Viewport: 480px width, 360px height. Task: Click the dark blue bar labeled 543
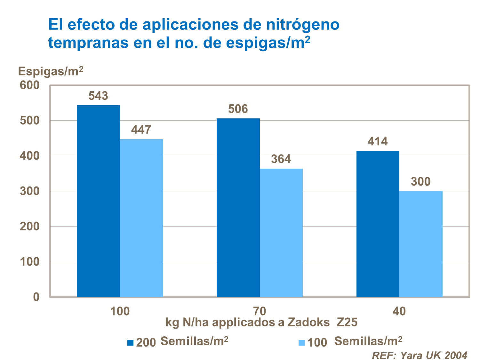pos(98,201)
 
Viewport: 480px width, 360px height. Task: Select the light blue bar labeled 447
pos(141,218)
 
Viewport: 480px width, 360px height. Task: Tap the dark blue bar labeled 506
pos(238,208)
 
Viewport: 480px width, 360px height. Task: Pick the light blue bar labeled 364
pos(281,233)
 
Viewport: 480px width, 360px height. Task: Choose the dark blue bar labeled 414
pos(378,224)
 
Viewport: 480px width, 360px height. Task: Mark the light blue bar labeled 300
pos(421,244)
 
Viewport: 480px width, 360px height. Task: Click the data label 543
pos(98,96)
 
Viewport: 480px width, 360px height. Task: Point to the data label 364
pos(281,159)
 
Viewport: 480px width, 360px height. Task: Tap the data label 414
pos(378,141)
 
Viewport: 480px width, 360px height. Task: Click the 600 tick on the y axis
pos(30,85)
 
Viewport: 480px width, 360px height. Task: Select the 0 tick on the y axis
pos(36,297)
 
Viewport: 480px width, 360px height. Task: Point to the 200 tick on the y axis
pos(30,227)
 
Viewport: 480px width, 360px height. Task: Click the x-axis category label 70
pos(260,311)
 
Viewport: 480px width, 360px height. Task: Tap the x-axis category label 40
pos(399,311)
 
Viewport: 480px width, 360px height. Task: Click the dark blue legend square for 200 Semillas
pos(130,343)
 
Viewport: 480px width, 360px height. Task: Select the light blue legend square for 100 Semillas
pos(301,343)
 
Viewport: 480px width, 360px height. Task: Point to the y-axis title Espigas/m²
pos(51,71)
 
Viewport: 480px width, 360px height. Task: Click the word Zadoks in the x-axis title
pos(308,322)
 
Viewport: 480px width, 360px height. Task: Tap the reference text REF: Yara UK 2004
pos(419,355)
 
